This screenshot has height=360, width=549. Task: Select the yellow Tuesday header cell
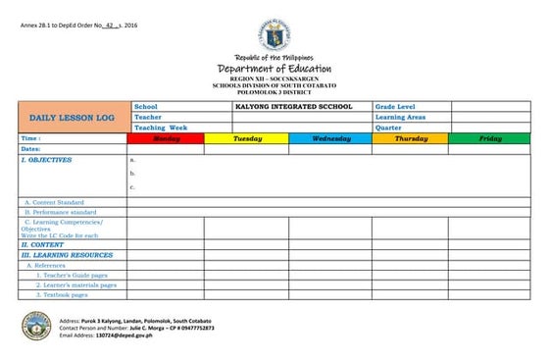pos(247,139)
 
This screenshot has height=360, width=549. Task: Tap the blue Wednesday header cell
pos(330,139)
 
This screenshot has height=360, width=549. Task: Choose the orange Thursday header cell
pos(410,139)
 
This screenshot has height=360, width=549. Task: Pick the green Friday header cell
pos(489,139)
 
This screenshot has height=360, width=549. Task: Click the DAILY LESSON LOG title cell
pos(73,117)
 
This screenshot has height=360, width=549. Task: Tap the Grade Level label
pos(396,106)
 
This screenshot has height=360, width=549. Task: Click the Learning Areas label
pos(400,117)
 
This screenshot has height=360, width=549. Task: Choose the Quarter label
pos(388,128)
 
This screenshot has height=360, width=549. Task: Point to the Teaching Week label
pos(161,128)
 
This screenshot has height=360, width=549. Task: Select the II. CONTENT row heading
pos(43,245)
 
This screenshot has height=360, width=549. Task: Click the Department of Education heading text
pos(274,69)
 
